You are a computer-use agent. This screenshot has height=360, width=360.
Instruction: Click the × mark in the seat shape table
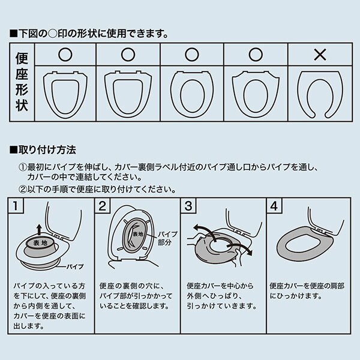tap(319, 55)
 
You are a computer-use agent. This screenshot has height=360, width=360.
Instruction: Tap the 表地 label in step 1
tap(40, 243)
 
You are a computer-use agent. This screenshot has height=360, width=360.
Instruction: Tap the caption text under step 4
tap(306, 291)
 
